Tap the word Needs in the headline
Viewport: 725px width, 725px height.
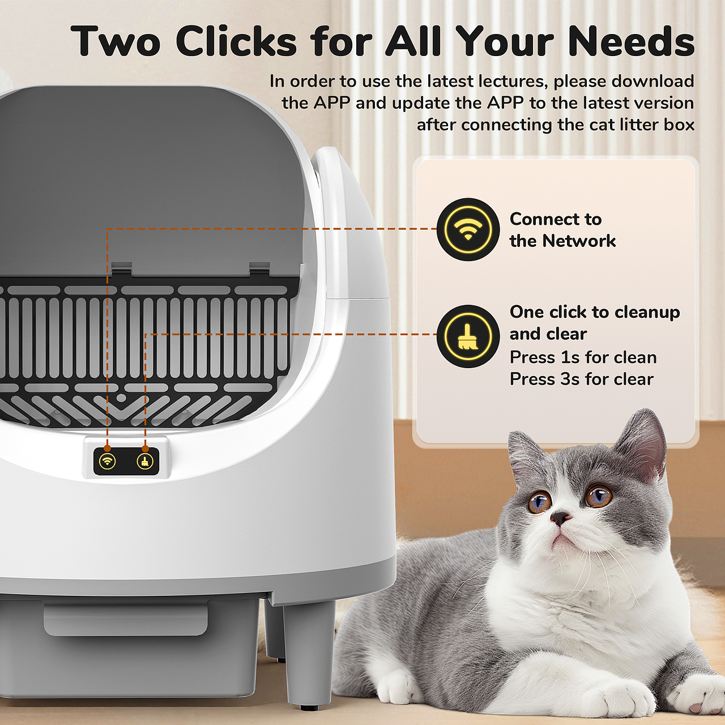coord(632,41)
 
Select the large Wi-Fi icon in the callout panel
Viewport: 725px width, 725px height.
coord(468,229)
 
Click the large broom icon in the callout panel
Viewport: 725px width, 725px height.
coord(468,336)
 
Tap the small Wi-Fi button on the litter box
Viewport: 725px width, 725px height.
coord(107,461)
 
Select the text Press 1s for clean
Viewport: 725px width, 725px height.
coord(583,357)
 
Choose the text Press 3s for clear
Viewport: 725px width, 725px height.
coord(582,379)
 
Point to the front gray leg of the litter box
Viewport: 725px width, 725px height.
coord(309,655)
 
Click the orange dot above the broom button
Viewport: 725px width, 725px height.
coord(145,449)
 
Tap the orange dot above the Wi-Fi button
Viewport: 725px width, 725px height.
coord(107,448)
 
